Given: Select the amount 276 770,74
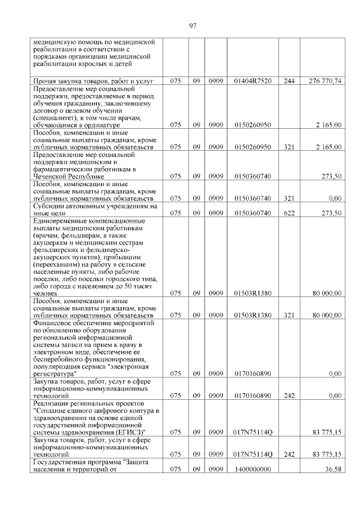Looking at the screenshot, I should (325, 82).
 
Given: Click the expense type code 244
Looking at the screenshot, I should (289, 82).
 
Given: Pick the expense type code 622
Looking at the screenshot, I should (289, 213).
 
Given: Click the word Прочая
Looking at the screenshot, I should (46, 82).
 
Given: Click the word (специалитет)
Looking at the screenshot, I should (56, 118).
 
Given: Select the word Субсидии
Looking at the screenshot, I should (49, 206).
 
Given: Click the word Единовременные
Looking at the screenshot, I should (61, 221).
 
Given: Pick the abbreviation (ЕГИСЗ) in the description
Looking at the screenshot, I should (129, 431).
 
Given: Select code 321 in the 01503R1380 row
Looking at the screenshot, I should (289, 316).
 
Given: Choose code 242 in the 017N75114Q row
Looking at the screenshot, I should (289, 454).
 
